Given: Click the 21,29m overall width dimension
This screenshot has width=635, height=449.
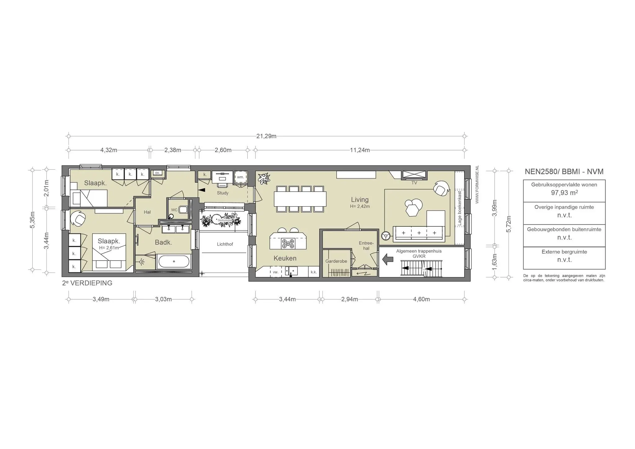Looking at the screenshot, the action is (266, 136).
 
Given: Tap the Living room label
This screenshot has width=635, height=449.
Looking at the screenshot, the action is (360, 200).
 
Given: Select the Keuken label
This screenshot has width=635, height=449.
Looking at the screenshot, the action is (285, 258).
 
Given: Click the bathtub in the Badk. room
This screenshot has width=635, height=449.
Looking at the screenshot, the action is (174, 261).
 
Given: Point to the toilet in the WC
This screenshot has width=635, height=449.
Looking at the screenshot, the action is (184, 210).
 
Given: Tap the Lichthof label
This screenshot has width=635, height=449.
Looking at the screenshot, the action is (225, 244).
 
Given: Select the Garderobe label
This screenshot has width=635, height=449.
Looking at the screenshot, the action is (336, 261).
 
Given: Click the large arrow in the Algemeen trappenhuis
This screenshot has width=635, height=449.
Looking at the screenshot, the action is (388, 259).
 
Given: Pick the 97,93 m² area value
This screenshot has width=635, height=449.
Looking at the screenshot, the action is (564, 193).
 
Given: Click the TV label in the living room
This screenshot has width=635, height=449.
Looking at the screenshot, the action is (414, 183).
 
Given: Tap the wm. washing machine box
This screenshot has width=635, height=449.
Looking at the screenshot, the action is (241, 177).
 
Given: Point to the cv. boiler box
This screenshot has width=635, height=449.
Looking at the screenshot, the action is (158, 173).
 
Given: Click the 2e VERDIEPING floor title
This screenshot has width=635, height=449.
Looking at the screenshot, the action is (87, 283).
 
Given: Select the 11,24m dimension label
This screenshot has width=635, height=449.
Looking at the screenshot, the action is (360, 150).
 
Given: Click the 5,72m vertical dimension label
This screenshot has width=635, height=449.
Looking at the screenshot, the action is (508, 224).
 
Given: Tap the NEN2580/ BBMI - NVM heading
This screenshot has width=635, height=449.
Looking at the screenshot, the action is (564, 171).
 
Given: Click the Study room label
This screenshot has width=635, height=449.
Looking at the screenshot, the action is (223, 193).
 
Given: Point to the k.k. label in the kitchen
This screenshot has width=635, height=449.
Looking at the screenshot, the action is (314, 272).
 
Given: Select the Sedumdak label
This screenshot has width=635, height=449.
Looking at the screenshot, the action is (223, 220).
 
